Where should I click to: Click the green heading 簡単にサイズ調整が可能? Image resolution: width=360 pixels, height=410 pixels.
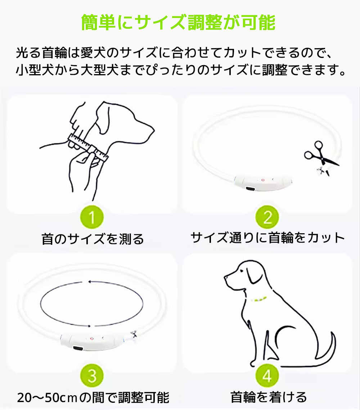pos(178,22)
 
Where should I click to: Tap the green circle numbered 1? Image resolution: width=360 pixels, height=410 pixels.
pos(92,217)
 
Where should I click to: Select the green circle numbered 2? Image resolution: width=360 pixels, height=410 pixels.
pos(267,217)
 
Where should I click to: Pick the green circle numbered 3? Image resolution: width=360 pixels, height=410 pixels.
pos(92,376)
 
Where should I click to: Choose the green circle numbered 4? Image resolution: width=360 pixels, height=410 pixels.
pos(267,376)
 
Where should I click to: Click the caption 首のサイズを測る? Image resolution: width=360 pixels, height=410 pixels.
pos(93,239)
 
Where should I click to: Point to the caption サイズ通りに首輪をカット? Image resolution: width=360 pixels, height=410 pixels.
pos(267,238)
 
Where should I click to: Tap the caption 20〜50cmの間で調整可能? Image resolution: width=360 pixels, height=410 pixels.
pos(93,397)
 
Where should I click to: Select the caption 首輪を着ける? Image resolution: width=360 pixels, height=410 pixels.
pos(269,397)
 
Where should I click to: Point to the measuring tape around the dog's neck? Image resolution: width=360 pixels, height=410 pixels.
pos(88,147)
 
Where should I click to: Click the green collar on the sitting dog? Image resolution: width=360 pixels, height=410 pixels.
pos(259,299)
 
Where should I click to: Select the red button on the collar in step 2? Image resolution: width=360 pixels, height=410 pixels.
pos(263,180)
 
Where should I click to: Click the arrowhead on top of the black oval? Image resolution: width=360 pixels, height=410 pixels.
pos(90,282)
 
